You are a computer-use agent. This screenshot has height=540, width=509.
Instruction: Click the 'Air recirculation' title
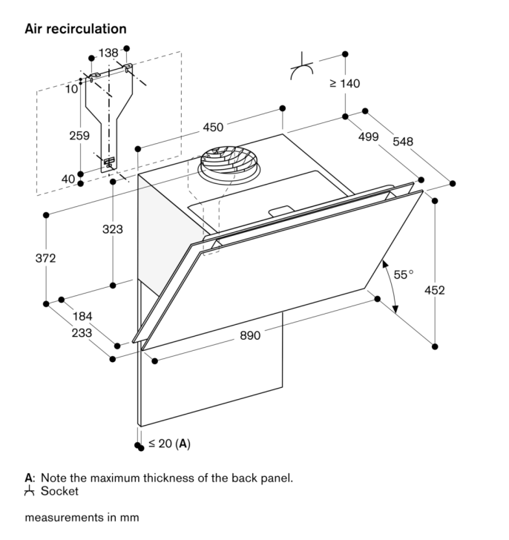click(x=76, y=29)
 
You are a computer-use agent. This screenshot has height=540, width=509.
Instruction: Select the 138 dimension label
click(x=108, y=53)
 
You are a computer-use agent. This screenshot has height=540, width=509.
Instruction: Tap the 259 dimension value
click(x=79, y=135)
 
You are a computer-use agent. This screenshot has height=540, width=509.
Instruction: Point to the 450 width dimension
click(x=213, y=127)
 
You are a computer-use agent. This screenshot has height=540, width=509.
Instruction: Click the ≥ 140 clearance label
click(x=345, y=83)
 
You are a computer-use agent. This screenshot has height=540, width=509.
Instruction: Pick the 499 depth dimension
click(x=368, y=136)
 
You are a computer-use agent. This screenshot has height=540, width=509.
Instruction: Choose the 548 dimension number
click(x=403, y=141)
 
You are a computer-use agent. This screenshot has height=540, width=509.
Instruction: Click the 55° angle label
click(x=404, y=274)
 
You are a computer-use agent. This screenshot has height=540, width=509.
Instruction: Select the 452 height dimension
click(x=434, y=290)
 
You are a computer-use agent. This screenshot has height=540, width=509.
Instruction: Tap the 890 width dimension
click(x=250, y=335)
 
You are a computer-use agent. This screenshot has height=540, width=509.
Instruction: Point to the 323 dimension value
click(x=113, y=229)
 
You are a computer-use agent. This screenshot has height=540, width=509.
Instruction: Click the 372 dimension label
click(x=45, y=258)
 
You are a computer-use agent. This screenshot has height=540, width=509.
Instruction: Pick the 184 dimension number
click(x=82, y=316)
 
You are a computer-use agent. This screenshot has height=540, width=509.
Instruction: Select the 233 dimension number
click(x=82, y=332)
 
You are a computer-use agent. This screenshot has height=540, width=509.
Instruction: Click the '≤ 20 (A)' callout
click(x=169, y=444)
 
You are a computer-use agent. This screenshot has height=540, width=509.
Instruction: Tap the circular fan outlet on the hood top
click(x=229, y=165)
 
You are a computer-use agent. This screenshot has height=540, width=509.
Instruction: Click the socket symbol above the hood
click(x=302, y=67)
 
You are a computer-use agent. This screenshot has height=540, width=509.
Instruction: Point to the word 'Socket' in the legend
click(x=59, y=491)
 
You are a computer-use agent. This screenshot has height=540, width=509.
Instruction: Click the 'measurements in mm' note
click(x=82, y=517)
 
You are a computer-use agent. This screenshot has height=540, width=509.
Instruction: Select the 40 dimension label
click(x=68, y=179)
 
